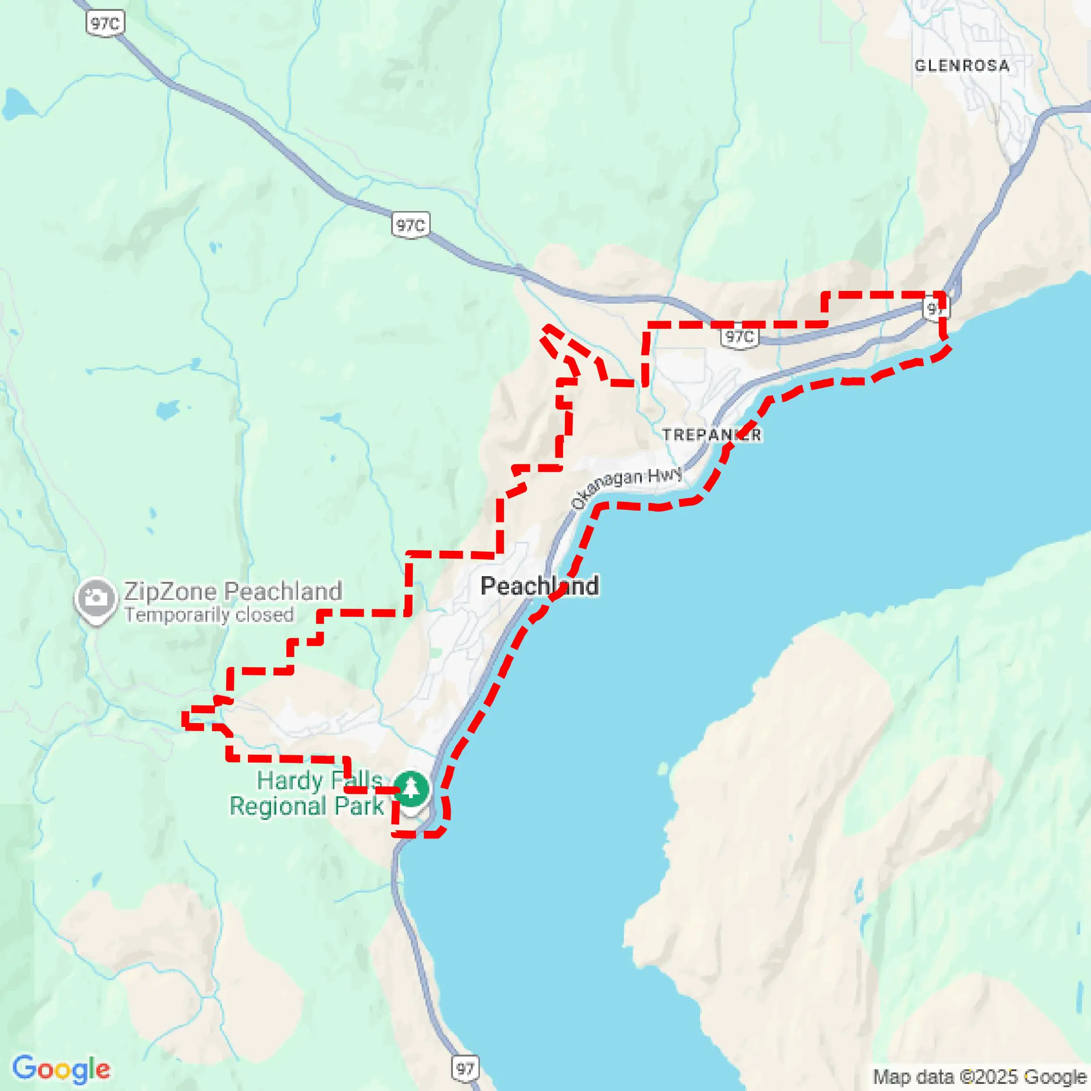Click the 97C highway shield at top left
(x=105, y=24)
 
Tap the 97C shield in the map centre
(x=410, y=225)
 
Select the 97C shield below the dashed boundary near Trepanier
(x=739, y=337)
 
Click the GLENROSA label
(x=962, y=66)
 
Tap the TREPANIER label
(x=712, y=435)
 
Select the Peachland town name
(x=539, y=586)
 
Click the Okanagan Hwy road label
(x=626, y=488)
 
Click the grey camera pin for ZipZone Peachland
(x=95, y=599)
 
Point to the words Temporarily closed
(x=209, y=614)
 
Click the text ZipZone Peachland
(x=233, y=591)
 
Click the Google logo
(x=61, y=1068)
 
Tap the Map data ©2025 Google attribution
(x=979, y=1077)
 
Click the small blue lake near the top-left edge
(x=17, y=104)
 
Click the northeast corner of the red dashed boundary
(x=942, y=294)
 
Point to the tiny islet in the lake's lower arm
(x=662, y=768)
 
